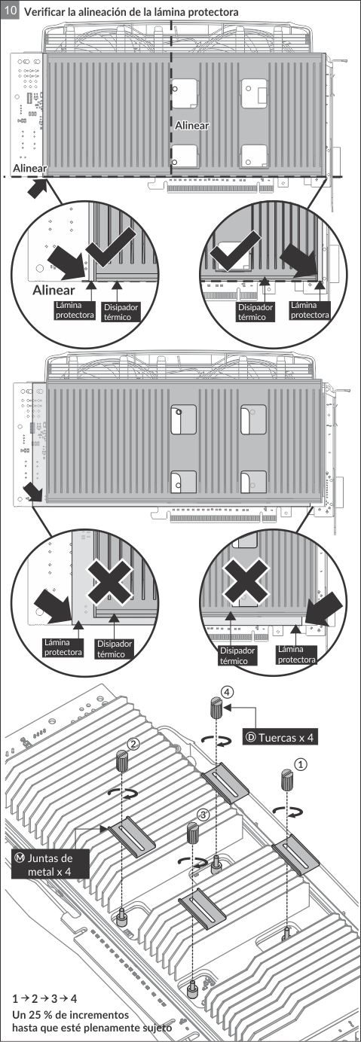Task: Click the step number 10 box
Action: pyautogui.click(x=11, y=11)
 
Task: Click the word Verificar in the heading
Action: pyautogui.click(x=44, y=12)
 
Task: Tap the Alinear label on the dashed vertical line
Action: pyautogui.click(x=192, y=126)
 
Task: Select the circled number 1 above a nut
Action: pyautogui.click(x=301, y=763)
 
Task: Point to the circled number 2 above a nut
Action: pyautogui.click(x=133, y=745)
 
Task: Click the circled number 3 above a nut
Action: pyautogui.click(x=203, y=815)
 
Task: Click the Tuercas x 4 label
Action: pyautogui.click(x=280, y=737)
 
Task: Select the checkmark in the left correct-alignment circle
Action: pyautogui.click(x=112, y=249)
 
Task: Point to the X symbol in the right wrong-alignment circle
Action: pyautogui.click(x=246, y=580)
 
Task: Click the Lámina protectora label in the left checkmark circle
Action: pyautogui.click(x=75, y=310)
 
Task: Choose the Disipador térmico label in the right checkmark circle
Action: pyautogui.click(x=255, y=312)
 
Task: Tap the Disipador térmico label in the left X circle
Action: pyautogui.click(x=114, y=649)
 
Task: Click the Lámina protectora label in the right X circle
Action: pyautogui.click(x=297, y=654)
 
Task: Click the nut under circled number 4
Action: pyautogui.click(x=217, y=708)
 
